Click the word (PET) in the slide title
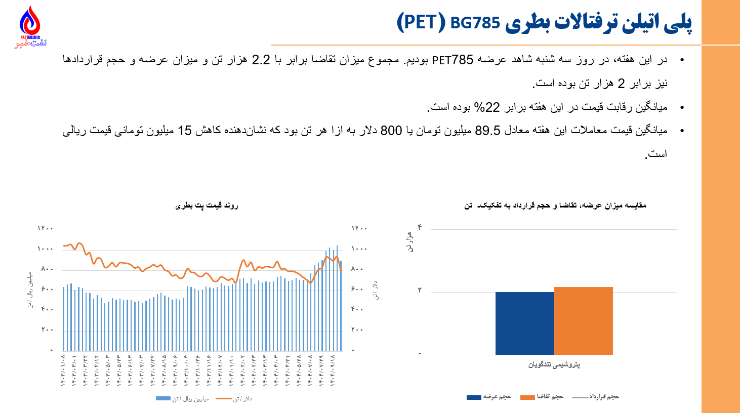point(421,23)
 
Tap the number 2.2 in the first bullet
point(261,60)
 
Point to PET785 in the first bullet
point(453,60)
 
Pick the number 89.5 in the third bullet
point(487,131)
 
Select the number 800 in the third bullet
point(391,131)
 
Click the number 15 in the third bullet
point(184,131)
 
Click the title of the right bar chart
point(555,205)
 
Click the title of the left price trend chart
point(207,206)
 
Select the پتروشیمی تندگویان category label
point(554,364)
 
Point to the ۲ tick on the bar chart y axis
point(420,291)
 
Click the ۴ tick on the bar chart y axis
point(420,227)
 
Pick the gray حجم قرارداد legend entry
point(596,397)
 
